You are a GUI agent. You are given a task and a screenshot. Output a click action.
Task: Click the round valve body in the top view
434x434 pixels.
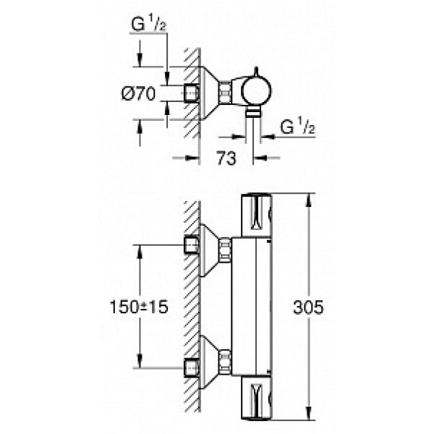tap(255, 92)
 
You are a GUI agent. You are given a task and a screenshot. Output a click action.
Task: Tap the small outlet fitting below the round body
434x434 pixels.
tap(252, 111)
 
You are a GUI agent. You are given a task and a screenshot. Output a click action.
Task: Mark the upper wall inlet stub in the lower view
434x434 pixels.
tap(192, 245)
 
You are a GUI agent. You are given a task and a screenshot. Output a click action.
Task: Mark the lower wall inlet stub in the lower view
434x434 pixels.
tap(192, 366)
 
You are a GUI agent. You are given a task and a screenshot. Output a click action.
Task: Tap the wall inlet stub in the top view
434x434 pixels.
tap(192, 93)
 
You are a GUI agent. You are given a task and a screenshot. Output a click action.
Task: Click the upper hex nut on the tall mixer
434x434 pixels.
tap(225, 248)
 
